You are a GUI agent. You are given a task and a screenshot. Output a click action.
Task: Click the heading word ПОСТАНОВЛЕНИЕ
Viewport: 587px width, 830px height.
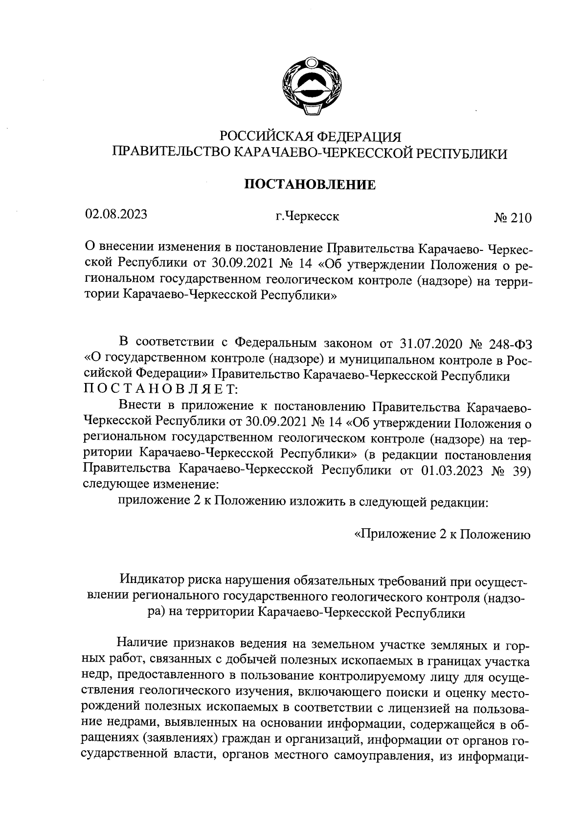[x=310, y=185]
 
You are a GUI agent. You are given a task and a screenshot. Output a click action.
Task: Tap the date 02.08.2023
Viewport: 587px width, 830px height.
[x=116, y=215]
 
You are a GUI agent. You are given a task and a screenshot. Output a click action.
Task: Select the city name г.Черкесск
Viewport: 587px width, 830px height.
[x=307, y=216]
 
